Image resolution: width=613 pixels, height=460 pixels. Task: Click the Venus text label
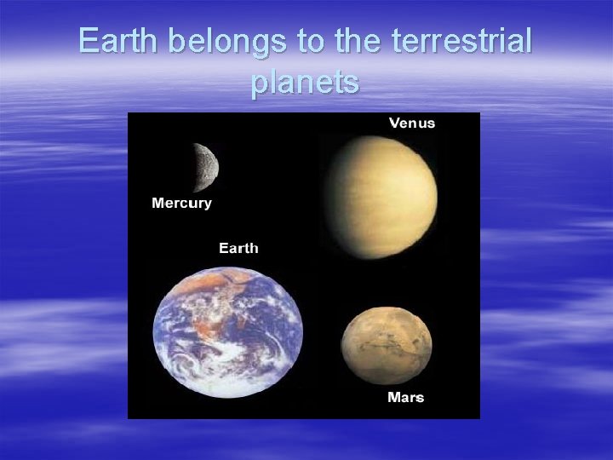point(412,123)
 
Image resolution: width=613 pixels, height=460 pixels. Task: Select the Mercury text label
point(181,203)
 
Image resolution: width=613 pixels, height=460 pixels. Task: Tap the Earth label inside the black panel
point(238,248)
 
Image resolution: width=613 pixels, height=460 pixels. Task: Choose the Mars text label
point(405,397)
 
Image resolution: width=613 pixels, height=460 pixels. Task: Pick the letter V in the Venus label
point(394,123)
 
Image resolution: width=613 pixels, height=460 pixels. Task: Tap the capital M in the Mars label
point(393,397)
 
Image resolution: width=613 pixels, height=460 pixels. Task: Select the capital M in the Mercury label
point(158,203)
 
